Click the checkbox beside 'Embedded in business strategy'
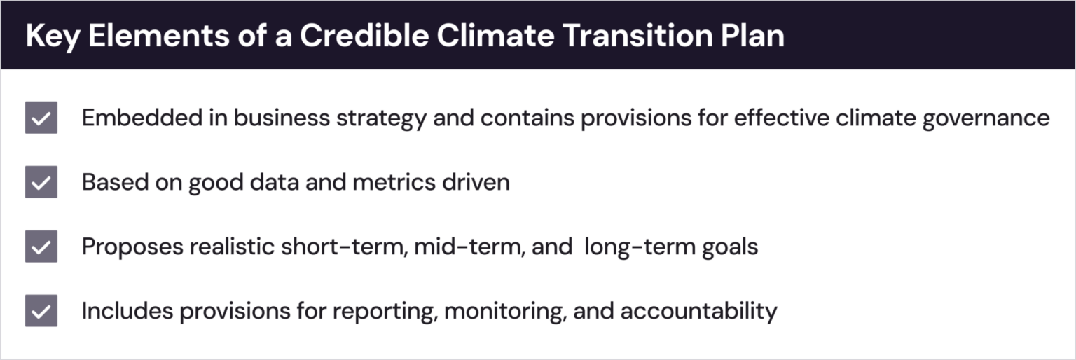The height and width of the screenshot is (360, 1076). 41,118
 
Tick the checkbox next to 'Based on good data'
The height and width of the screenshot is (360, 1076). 41,182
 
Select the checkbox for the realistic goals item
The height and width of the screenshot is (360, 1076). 41,247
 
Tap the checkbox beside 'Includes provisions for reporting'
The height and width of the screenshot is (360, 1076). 41,311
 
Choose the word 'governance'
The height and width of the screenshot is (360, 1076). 986,118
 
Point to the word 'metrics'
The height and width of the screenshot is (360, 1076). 394,182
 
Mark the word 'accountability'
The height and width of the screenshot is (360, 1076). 698,311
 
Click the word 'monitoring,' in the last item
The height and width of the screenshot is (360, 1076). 505,311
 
